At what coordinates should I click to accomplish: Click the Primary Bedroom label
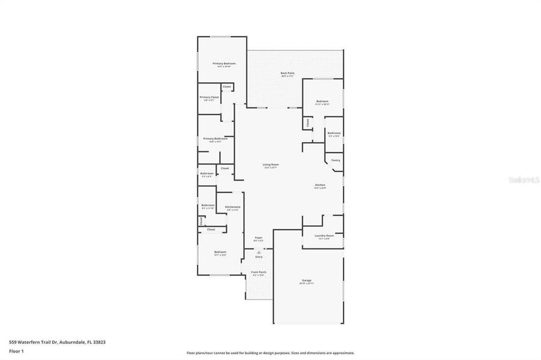click(224, 63)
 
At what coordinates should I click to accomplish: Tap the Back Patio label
click(287, 73)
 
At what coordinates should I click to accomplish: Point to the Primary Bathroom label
click(215, 139)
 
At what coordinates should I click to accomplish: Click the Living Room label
click(271, 164)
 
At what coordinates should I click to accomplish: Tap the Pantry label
click(336, 160)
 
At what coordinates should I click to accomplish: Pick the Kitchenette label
click(233, 207)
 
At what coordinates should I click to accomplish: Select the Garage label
click(307, 280)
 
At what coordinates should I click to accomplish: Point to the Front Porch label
click(259, 272)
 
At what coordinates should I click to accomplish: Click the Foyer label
click(259, 238)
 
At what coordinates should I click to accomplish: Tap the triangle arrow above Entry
click(259, 253)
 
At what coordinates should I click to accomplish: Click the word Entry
click(259, 257)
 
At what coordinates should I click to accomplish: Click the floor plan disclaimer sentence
click(270, 353)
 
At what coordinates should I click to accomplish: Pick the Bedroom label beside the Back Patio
click(322, 101)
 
